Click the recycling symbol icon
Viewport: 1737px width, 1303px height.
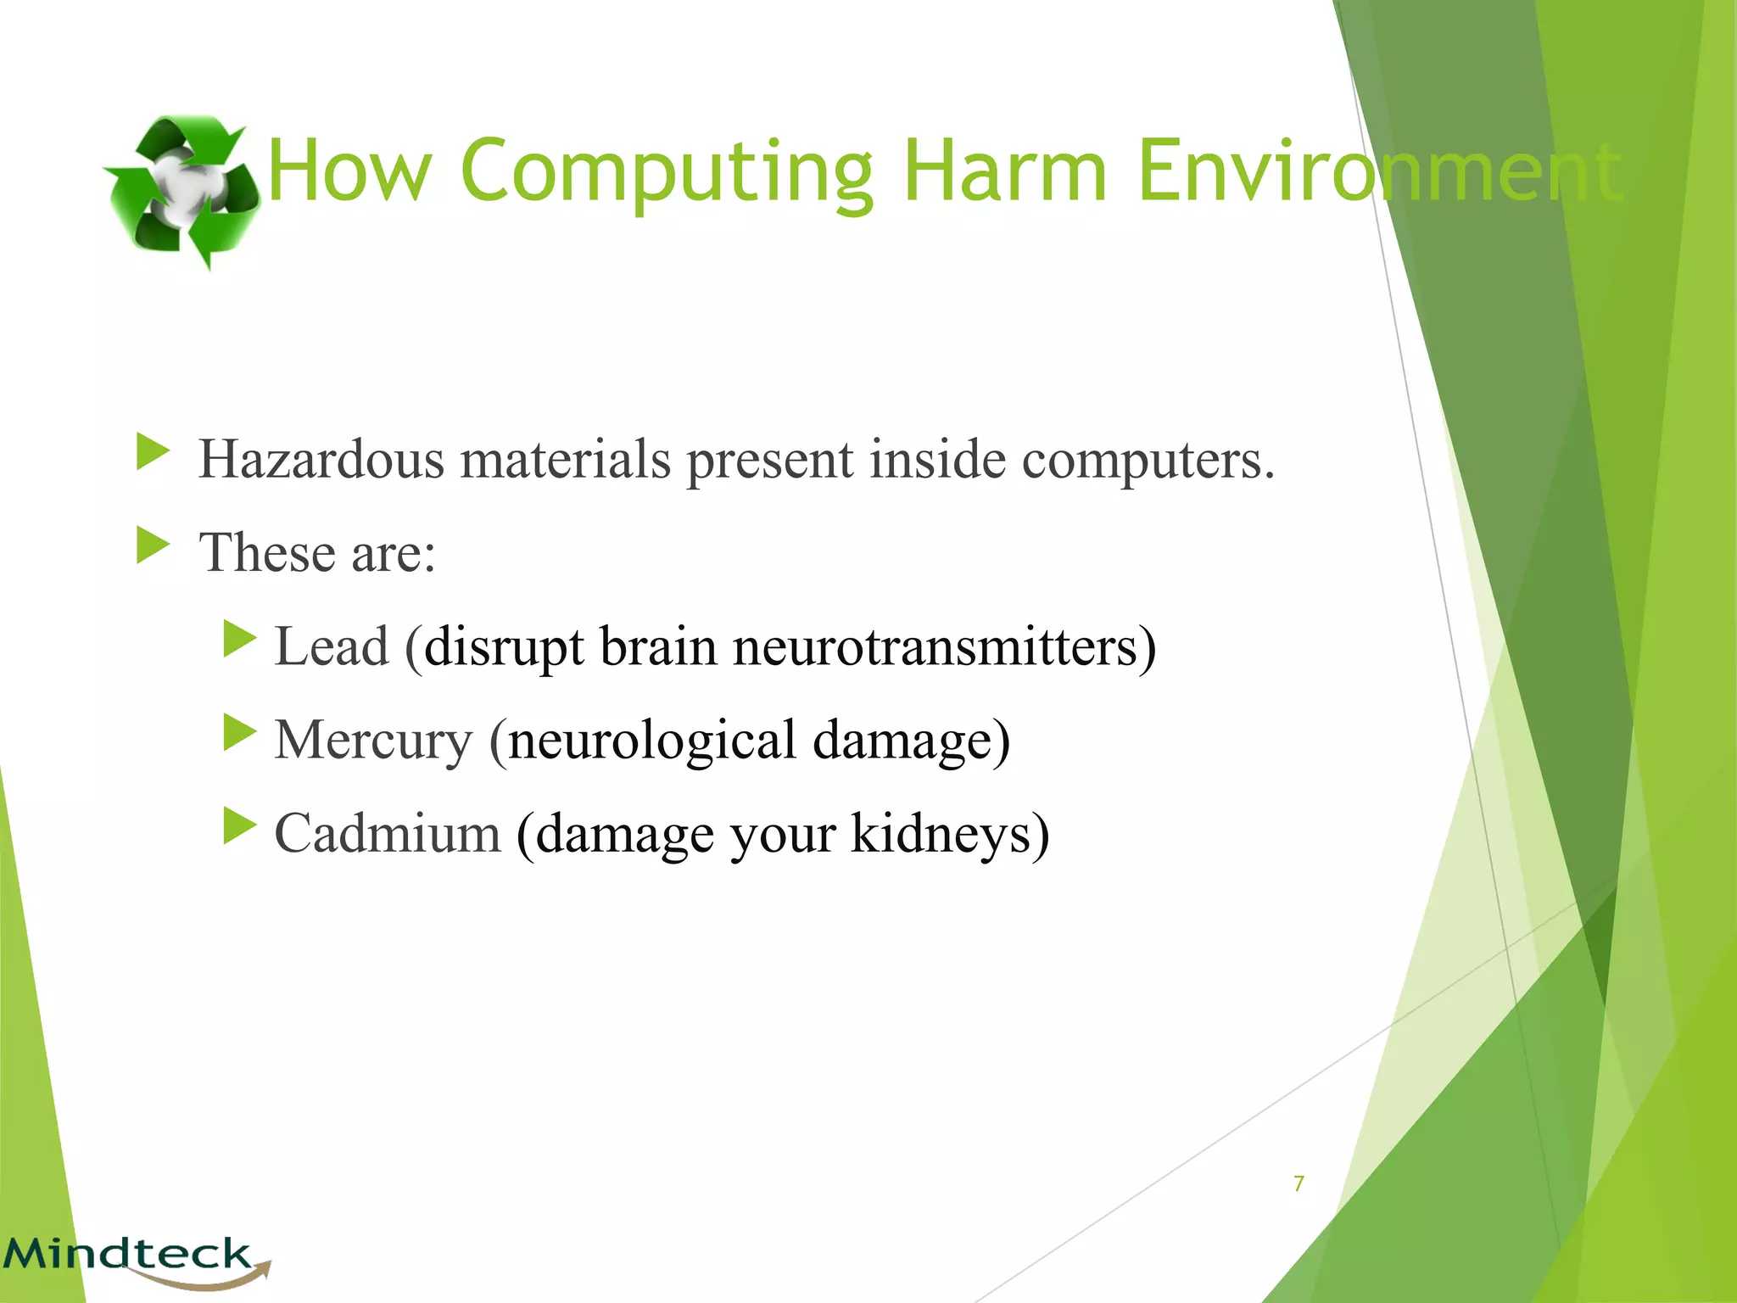pyautogui.click(x=182, y=192)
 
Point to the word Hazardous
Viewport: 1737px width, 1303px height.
pyautogui.click(x=321, y=459)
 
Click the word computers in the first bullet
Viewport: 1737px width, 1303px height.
pyautogui.click(x=1147, y=459)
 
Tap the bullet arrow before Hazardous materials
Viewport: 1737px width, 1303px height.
pyautogui.click(x=153, y=451)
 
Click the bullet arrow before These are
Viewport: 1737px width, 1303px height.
pyautogui.click(x=153, y=545)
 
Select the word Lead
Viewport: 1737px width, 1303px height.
pyautogui.click(x=332, y=646)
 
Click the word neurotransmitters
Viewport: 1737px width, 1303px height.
pyautogui.click(x=943, y=646)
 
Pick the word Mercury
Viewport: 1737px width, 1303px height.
pyautogui.click(x=373, y=741)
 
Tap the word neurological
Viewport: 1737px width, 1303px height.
pyautogui.click(x=651, y=741)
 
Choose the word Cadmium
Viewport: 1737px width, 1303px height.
pyautogui.click(x=388, y=832)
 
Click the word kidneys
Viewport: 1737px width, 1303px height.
pyautogui.click(x=948, y=834)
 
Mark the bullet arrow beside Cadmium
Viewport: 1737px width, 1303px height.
pyautogui.click(x=239, y=825)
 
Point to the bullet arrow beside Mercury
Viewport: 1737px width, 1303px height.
pyautogui.click(x=239, y=732)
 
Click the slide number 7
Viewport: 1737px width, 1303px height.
pyautogui.click(x=1299, y=1183)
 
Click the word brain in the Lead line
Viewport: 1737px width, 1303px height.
pyautogui.click(x=658, y=646)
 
